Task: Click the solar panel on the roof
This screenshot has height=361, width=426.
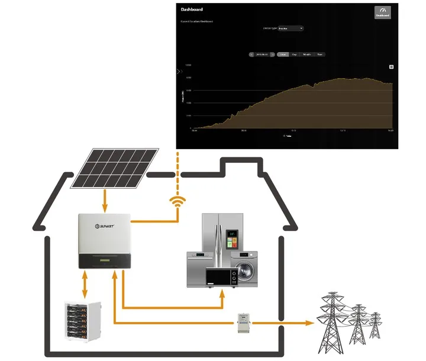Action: [x=115, y=168]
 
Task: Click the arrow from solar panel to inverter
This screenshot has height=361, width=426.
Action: [x=105, y=201]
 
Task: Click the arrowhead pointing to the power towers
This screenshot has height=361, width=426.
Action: [x=308, y=323]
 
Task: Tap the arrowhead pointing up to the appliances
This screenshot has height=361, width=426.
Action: [x=222, y=294]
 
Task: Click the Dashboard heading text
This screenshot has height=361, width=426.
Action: [x=192, y=9]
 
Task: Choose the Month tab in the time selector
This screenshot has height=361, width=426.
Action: [x=307, y=54]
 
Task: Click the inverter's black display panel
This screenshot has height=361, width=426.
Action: [x=104, y=260]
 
